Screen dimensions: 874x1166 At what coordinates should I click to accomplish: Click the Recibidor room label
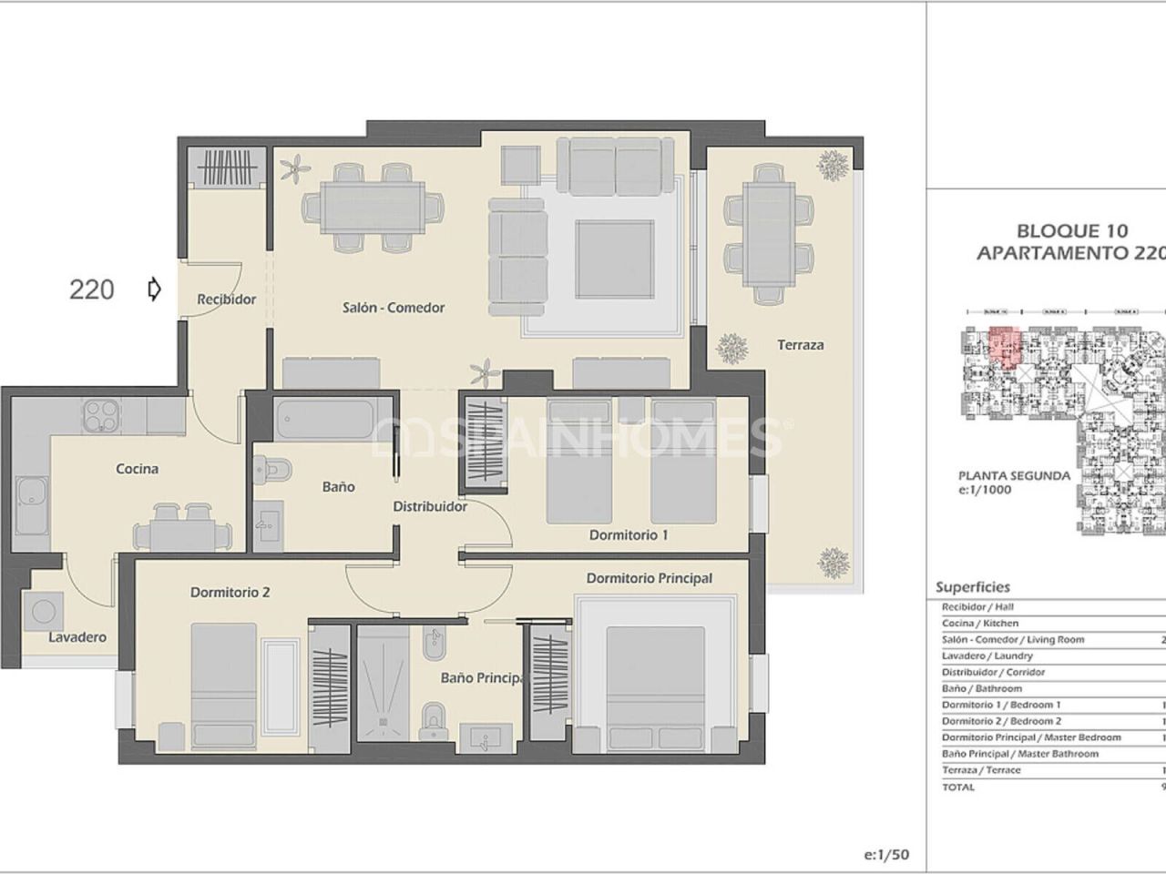click(227, 300)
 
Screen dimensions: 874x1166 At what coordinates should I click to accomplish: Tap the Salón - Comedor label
click(394, 308)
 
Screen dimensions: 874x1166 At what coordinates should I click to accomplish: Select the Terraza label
click(800, 345)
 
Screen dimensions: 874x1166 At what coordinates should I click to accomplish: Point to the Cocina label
click(137, 469)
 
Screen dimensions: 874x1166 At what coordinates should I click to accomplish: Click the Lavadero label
click(77, 637)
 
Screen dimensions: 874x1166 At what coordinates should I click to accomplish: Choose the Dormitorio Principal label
click(649, 578)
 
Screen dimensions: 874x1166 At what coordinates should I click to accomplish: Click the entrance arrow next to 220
click(154, 290)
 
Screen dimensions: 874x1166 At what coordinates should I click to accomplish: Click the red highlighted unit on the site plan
click(1004, 345)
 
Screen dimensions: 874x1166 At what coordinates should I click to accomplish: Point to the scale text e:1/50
click(885, 855)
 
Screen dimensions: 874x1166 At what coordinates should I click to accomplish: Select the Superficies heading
click(972, 587)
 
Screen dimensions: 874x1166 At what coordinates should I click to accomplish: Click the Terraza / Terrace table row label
click(981, 770)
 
